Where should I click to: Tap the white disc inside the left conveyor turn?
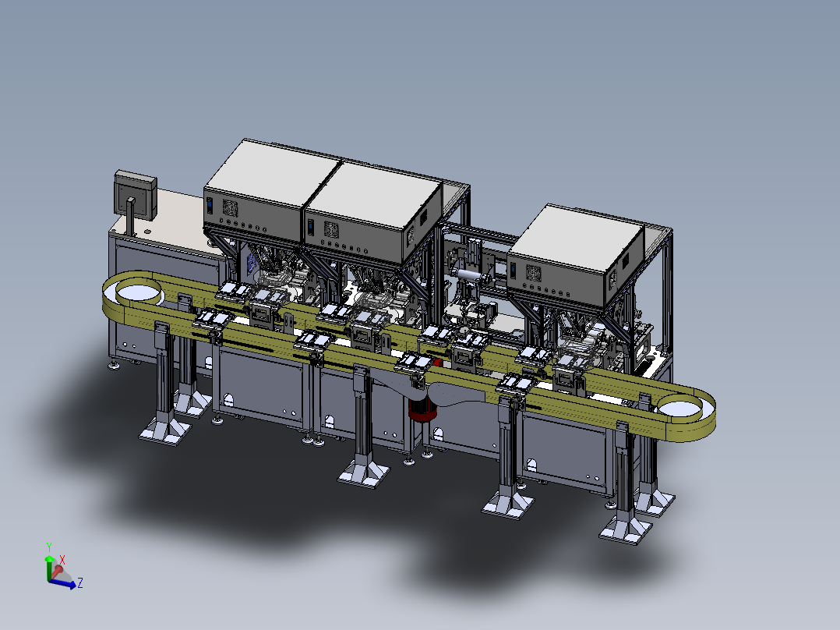tap(139, 292)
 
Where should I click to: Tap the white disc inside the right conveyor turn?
tap(679, 409)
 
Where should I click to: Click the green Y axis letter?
tap(49, 547)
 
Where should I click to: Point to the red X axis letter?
tap(62, 561)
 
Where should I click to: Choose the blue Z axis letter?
tap(79, 582)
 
